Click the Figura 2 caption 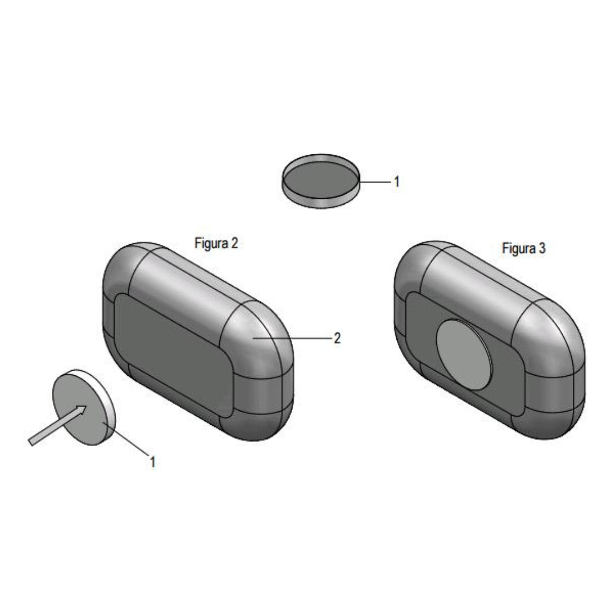[x=216, y=244]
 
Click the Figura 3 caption [x=524, y=248]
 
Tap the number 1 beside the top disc [x=396, y=182]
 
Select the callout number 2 [x=337, y=338]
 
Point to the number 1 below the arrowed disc [x=153, y=462]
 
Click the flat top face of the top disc [x=321, y=179]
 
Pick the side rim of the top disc [x=321, y=202]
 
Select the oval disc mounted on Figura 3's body [x=464, y=354]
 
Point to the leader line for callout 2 [x=292, y=338]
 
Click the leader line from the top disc [x=375, y=182]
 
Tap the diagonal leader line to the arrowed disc [x=125, y=439]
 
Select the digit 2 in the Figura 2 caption [x=234, y=243]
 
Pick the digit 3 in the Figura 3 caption [x=542, y=248]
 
